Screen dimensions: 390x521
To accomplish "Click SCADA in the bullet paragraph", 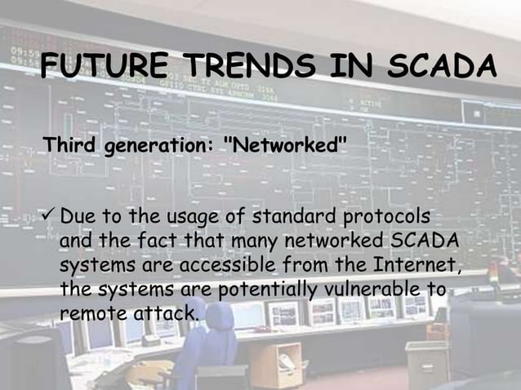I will [421, 243].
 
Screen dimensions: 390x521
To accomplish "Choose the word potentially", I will [249, 290].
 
